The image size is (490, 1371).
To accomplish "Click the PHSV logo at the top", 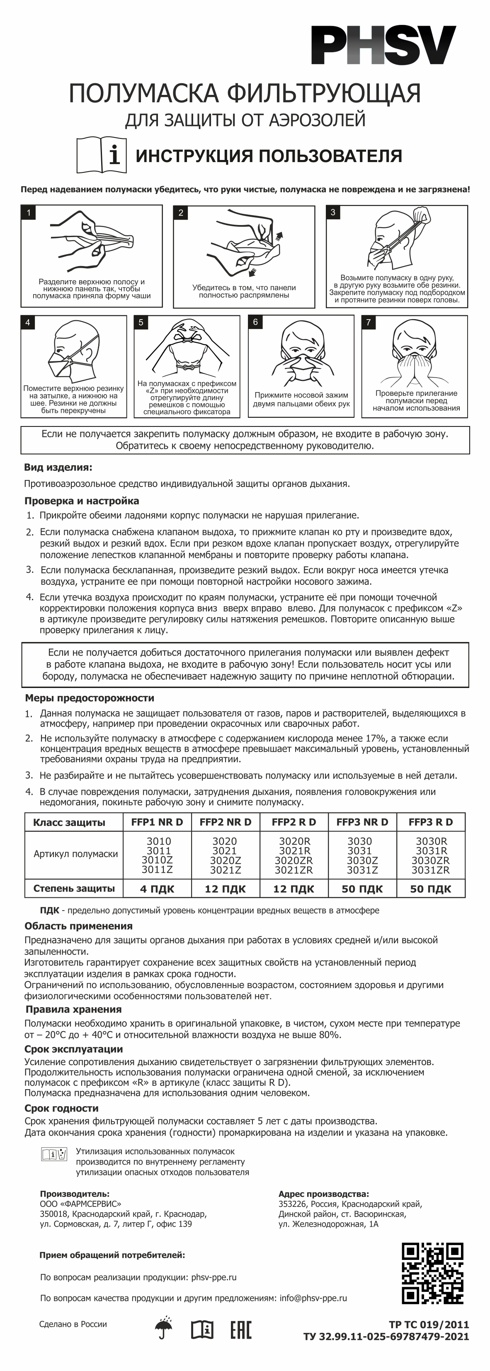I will point(383,46).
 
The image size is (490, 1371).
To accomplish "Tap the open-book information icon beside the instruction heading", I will point(102,155).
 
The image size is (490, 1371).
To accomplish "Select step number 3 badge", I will point(333,212).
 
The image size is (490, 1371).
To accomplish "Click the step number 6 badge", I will point(256,322).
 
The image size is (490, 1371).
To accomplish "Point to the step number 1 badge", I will point(28,213).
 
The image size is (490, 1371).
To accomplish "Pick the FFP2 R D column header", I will point(294,822).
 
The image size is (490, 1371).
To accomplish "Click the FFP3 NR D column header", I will point(362,822).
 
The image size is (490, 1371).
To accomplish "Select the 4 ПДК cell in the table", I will point(157,889).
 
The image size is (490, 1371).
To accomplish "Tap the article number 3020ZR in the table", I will point(294,860).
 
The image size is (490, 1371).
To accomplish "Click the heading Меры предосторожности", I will point(90,698).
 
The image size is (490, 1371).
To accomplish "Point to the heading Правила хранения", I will point(73,1010).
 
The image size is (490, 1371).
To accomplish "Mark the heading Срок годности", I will point(61,1109).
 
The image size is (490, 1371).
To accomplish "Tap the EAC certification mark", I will point(241,1330).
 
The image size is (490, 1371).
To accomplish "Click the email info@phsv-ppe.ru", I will point(313,1298).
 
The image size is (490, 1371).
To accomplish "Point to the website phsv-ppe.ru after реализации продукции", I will point(213,1277).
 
